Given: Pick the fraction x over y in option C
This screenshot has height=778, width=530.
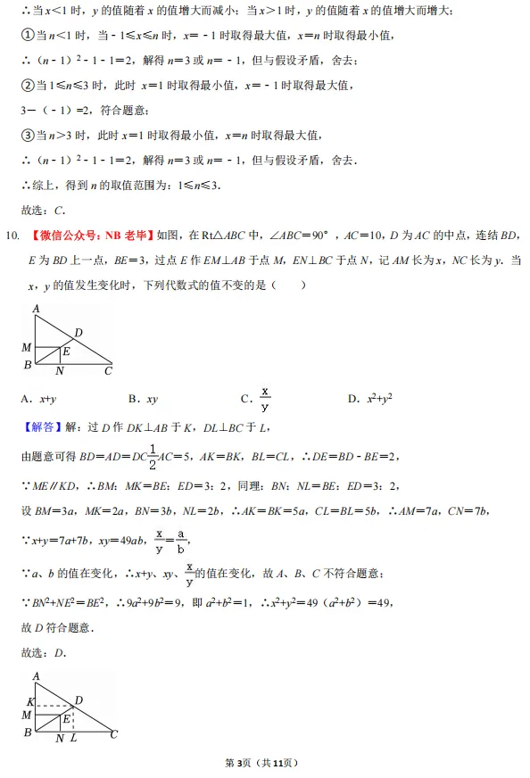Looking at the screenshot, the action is point(265,399).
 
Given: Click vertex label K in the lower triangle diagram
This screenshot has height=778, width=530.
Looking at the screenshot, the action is point(29,702).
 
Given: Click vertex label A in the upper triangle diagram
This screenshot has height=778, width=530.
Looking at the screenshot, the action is point(36,309).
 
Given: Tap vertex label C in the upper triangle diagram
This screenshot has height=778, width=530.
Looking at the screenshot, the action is point(108,370).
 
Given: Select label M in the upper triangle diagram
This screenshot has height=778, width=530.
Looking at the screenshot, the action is point(26,346).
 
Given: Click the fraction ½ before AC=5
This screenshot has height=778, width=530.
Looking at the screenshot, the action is point(153,455).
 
